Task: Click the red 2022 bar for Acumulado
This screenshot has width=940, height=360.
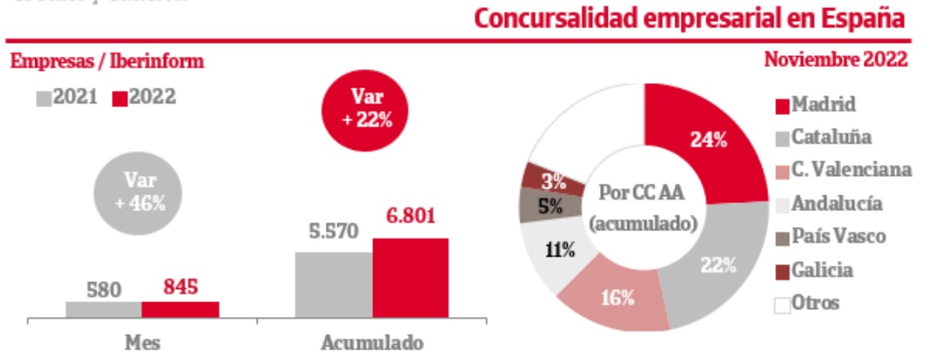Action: (410, 279)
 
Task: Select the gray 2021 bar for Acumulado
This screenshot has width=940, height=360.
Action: (334, 286)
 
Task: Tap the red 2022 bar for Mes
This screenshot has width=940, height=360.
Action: (180, 309)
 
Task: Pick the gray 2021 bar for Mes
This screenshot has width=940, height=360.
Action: (103, 309)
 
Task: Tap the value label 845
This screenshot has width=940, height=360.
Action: (180, 286)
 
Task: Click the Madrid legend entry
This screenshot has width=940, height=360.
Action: (814, 105)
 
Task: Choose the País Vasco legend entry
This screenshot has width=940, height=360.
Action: (829, 236)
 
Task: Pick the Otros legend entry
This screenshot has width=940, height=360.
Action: (806, 303)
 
